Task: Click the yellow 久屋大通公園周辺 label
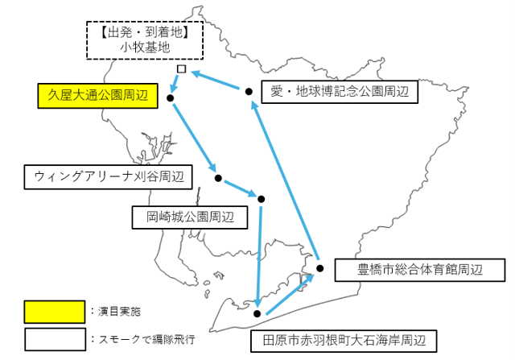pyautogui.click(x=98, y=96)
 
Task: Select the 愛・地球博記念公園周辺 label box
pyautogui.click(x=340, y=92)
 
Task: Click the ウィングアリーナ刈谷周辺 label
pyautogui.click(x=109, y=177)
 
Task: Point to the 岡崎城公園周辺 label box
pyautogui.click(x=190, y=217)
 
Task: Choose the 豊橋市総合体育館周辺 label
pyautogui.click(x=420, y=270)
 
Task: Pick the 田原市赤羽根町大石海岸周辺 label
pyautogui.click(x=344, y=341)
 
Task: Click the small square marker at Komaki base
pyautogui.click(x=181, y=68)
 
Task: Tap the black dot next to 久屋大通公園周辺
pyautogui.click(x=170, y=98)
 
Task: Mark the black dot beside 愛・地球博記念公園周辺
pyautogui.click(x=249, y=91)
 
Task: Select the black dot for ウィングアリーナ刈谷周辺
pyautogui.click(x=218, y=178)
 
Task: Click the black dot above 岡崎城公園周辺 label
pyautogui.click(x=261, y=199)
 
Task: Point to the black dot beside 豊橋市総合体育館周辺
pyautogui.click(x=320, y=268)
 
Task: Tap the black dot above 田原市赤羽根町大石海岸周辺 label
pyautogui.click(x=257, y=313)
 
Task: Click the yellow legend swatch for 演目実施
pyautogui.click(x=55, y=312)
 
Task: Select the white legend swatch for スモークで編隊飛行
pyautogui.click(x=56, y=339)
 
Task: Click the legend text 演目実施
pyautogui.click(x=119, y=312)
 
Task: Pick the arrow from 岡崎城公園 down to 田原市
pyautogui.click(x=259, y=257)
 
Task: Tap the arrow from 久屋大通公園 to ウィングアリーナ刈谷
pyautogui.click(x=195, y=138)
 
